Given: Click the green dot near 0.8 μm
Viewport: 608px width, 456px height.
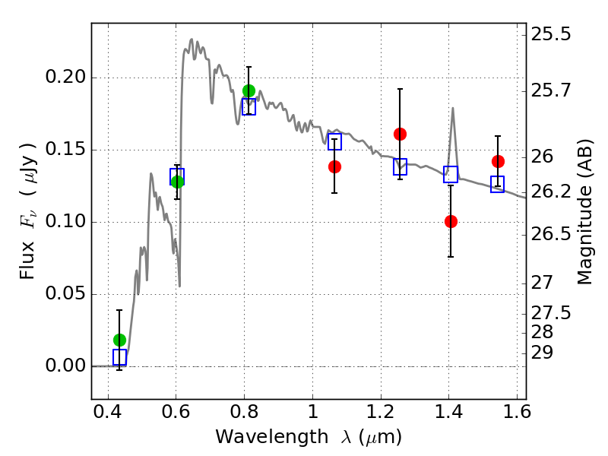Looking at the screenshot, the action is click(x=249, y=90).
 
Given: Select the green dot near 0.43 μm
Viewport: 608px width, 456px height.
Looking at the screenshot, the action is click(x=120, y=340).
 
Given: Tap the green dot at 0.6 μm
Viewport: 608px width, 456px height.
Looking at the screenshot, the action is click(x=177, y=182).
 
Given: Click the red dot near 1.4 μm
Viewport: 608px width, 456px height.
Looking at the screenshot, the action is click(x=451, y=221).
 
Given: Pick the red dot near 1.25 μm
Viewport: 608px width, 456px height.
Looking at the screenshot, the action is click(x=401, y=135).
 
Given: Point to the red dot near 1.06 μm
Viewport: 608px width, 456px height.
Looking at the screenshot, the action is click(x=334, y=166).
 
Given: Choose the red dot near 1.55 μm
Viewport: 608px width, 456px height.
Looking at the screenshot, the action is click(x=499, y=161).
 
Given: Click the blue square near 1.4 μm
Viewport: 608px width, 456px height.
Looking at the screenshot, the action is click(x=451, y=175).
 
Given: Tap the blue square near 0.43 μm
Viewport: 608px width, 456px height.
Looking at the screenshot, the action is click(x=120, y=357).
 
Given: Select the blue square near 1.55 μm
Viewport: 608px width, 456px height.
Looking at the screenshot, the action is click(x=498, y=184).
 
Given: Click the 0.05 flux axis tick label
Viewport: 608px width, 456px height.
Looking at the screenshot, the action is click(x=65, y=293).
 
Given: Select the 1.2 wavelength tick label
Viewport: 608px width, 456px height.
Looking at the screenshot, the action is click(x=382, y=411).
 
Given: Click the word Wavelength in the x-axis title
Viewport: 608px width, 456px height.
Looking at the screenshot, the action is click(x=272, y=437).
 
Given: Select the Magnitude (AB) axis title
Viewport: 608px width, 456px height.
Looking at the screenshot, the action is click(x=584, y=212).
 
